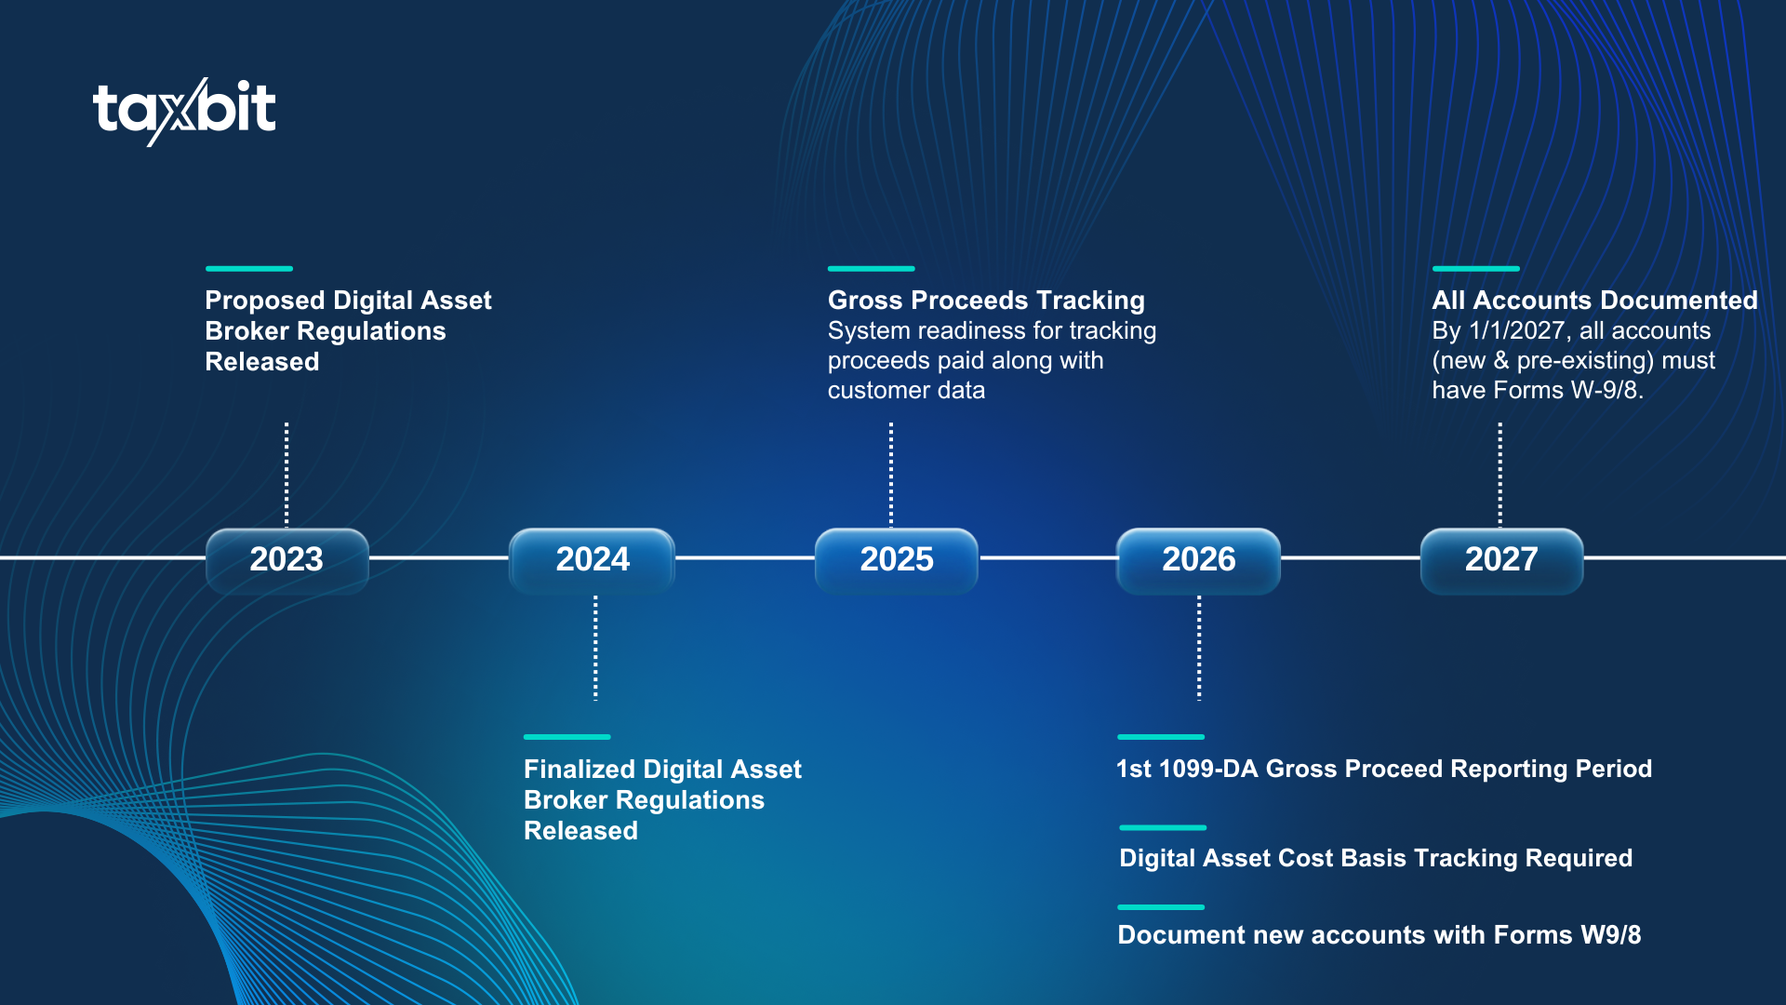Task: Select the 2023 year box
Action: [287, 559]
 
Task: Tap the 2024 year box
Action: [593, 559]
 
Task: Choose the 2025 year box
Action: [897, 559]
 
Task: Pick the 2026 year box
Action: [1198, 559]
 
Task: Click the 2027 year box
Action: [1501, 559]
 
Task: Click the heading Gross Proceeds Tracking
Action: [986, 301]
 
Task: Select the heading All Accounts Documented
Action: [1594, 301]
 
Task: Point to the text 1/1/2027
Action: [1520, 331]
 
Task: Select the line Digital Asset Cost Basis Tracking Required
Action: [1376, 858]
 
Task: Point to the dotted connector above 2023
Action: [287, 475]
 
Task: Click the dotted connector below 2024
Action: [595, 649]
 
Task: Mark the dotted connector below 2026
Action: [1199, 649]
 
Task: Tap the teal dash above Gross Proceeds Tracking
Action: [872, 269]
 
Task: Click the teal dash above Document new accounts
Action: [1161, 907]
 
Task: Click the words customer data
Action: [906, 391]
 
